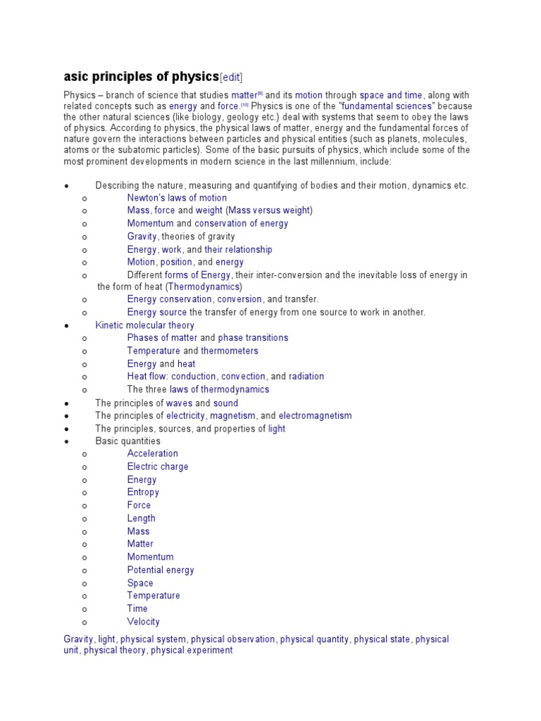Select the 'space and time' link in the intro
[x=391, y=95]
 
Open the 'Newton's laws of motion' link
[x=177, y=198]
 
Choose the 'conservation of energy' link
[x=241, y=223]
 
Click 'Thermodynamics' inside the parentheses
[x=204, y=287]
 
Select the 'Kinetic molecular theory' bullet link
[x=144, y=325]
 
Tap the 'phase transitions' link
[x=253, y=338]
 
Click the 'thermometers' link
[x=230, y=351]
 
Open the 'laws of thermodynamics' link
[x=219, y=389]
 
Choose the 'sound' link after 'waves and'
[x=225, y=403]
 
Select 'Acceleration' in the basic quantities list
[x=152, y=453]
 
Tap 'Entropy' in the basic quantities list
[x=143, y=492]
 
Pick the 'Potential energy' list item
[x=161, y=570]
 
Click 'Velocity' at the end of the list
[x=143, y=622]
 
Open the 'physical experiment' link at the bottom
[x=192, y=651]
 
